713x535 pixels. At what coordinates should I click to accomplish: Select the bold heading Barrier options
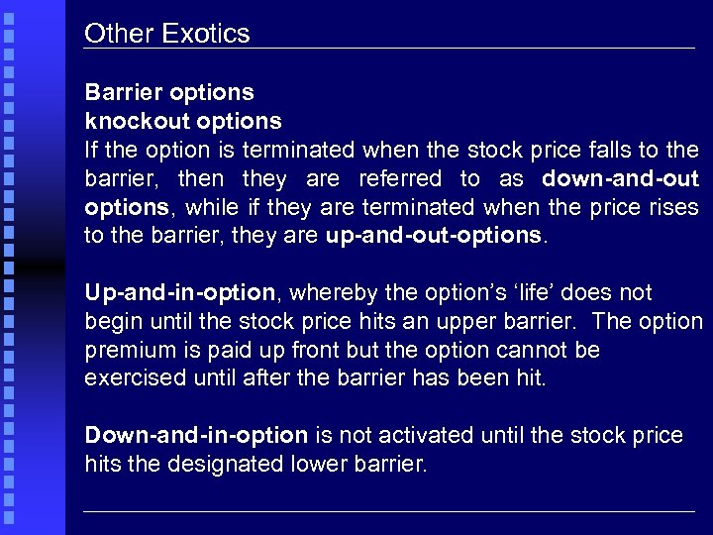click(x=169, y=92)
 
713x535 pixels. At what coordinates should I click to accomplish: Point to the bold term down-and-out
click(x=621, y=179)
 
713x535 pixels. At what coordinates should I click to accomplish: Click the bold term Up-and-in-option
click(x=179, y=293)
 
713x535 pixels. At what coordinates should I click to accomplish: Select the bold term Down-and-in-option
click(x=196, y=435)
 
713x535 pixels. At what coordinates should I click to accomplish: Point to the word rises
click(x=672, y=209)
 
